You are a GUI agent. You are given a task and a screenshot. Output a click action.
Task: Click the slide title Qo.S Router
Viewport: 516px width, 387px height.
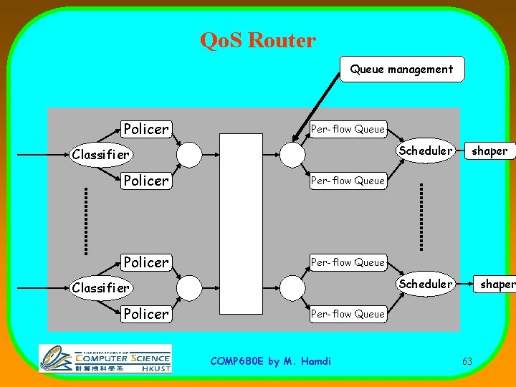[x=258, y=40]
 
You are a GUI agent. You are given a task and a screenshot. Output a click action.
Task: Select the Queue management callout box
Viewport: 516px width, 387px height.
[x=401, y=70]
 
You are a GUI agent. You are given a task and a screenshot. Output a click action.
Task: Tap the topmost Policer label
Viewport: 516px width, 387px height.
[x=145, y=129]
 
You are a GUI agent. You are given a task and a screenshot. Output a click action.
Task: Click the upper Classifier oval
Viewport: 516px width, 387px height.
[x=100, y=154]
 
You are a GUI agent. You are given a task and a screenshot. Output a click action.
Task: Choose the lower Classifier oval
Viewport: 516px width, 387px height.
[x=100, y=287]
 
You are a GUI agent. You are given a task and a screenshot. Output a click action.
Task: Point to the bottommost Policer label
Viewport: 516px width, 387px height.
[x=145, y=313]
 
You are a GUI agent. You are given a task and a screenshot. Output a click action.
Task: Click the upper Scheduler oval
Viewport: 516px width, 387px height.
[x=426, y=150]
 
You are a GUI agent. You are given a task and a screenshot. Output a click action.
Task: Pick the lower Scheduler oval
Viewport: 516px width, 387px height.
[x=426, y=284]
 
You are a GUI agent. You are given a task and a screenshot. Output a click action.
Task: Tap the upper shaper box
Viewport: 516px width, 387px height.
[x=489, y=150]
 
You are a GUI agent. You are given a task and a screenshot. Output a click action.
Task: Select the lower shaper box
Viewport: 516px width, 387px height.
[x=496, y=284]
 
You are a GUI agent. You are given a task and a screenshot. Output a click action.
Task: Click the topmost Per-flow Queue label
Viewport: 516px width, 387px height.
[x=348, y=129]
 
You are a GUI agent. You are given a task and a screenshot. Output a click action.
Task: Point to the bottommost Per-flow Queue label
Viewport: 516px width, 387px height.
[x=348, y=313]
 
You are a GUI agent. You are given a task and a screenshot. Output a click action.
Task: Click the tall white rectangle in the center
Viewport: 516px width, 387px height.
[x=241, y=224]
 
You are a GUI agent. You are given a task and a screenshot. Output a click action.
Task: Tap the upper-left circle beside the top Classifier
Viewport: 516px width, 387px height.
[x=189, y=154]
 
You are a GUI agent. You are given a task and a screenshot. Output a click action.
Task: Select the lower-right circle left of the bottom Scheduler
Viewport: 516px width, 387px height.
[x=292, y=287]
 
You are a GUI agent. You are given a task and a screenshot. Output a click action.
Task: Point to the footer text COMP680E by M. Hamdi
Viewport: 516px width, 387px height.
[x=270, y=361]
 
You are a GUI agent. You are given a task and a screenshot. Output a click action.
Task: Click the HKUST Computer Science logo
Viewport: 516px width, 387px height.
[x=105, y=358]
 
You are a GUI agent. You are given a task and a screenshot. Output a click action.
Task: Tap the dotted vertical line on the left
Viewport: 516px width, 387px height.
[x=85, y=221]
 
